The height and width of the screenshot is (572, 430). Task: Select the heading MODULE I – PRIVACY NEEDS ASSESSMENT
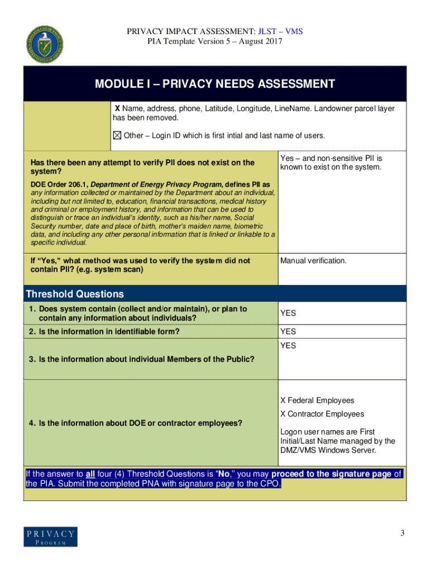pos(214,84)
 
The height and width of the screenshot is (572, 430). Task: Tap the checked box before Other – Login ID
pos(117,136)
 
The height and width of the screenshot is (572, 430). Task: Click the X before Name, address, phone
pos(117,108)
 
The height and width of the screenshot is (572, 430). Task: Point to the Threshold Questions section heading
pos(75,294)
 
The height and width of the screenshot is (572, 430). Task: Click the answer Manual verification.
pos(313,261)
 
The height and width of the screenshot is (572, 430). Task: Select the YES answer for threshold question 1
pos(288,313)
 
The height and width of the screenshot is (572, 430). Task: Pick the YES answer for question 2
pos(288,332)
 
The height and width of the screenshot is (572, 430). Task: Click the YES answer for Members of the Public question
pos(288,346)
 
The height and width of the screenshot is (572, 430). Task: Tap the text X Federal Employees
pos(317,401)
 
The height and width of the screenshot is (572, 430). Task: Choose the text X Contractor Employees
pos(322,414)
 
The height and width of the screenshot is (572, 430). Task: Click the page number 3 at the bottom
pos(402,533)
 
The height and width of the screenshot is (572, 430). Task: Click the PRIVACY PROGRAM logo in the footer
pos(50,537)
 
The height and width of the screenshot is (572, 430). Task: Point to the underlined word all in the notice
pos(82,474)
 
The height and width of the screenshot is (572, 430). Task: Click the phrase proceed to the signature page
pos(331,474)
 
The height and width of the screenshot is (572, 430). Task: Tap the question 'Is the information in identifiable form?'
pos(104,332)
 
